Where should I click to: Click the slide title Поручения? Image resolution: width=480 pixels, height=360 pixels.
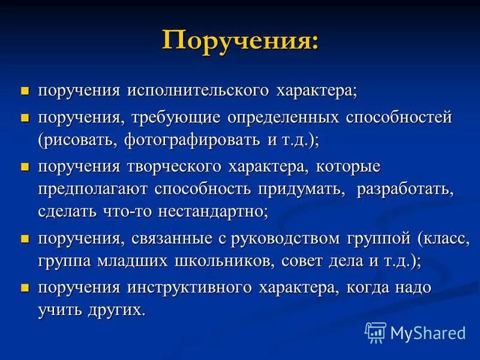[240, 41]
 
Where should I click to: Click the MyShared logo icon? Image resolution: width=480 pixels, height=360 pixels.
[376, 332]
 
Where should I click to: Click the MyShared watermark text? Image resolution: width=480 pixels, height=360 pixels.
[428, 332]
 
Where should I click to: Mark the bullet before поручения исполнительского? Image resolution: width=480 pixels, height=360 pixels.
[25, 91]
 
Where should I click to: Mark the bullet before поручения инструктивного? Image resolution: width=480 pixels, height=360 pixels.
[25, 287]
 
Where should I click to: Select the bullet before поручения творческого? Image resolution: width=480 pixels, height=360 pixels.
[25, 166]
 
